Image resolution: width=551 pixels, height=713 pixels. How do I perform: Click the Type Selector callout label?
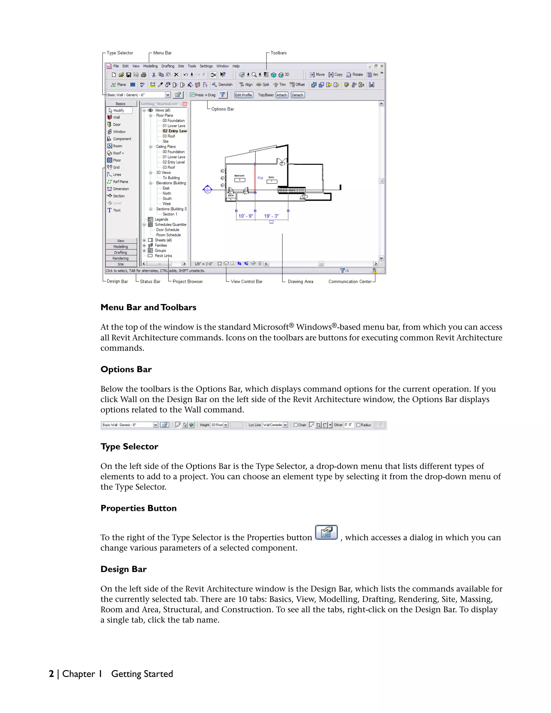(120, 53)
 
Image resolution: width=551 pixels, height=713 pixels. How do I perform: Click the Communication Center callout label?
(349, 281)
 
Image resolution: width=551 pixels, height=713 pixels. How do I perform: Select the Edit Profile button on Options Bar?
(243, 95)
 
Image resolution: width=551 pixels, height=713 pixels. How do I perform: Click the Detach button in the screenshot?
(297, 95)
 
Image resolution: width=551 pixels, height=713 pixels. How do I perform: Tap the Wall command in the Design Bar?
(116, 118)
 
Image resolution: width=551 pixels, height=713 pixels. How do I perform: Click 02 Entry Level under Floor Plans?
(175, 131)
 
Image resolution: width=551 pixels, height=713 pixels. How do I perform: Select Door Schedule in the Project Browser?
(167, 230)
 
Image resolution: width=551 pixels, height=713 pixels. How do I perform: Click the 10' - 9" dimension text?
(245, 216)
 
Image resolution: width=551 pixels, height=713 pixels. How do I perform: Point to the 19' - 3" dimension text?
(271, 216)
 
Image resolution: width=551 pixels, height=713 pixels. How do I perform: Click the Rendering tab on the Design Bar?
(121, 258)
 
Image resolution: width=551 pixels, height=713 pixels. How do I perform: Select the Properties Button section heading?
(138, 508)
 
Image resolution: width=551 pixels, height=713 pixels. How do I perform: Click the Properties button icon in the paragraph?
(326, 532)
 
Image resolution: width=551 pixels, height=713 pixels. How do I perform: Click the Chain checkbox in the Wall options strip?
(295, 425)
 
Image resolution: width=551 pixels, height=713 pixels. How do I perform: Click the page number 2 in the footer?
(51, 674)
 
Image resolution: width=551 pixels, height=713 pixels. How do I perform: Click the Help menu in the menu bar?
(236, 66)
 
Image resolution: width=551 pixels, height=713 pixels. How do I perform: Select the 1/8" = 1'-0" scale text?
(203, 264)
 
